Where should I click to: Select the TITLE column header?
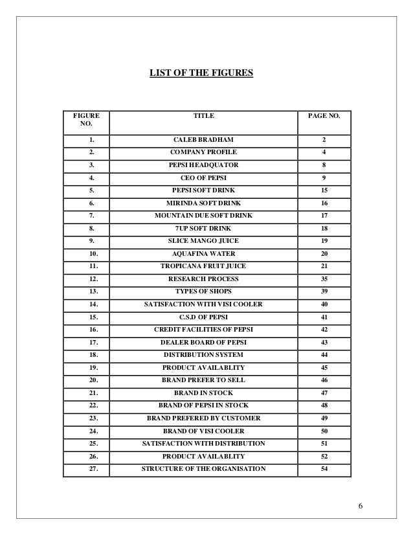click(x=203, y=115)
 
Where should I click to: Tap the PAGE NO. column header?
click(x=324, y=115)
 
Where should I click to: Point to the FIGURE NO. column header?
click(x=85, y=120)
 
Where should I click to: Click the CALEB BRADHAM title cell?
click(x=203, y=140)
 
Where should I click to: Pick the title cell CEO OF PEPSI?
click(x=203, y=177)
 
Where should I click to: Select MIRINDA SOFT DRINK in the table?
click(x=203, y=203)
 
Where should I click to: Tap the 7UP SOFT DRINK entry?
click(x=203, y=228)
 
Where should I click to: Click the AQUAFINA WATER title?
click(x=203, y=253)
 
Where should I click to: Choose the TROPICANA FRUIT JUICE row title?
click(x=203, y=266)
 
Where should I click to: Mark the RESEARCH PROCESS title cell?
click(x=203, y=279)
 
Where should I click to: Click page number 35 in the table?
click(x=324, y=279)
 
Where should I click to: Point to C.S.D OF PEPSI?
click(x=203, y=317)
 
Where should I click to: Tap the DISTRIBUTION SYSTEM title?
click(x=203, y=355)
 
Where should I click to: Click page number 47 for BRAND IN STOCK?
click(x=324, y=393)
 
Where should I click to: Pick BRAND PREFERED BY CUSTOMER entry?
click(x=203, y=418)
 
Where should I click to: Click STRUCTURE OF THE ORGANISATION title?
click(x=203, y=469)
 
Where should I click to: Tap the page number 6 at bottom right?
click(x=364, y=505)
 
